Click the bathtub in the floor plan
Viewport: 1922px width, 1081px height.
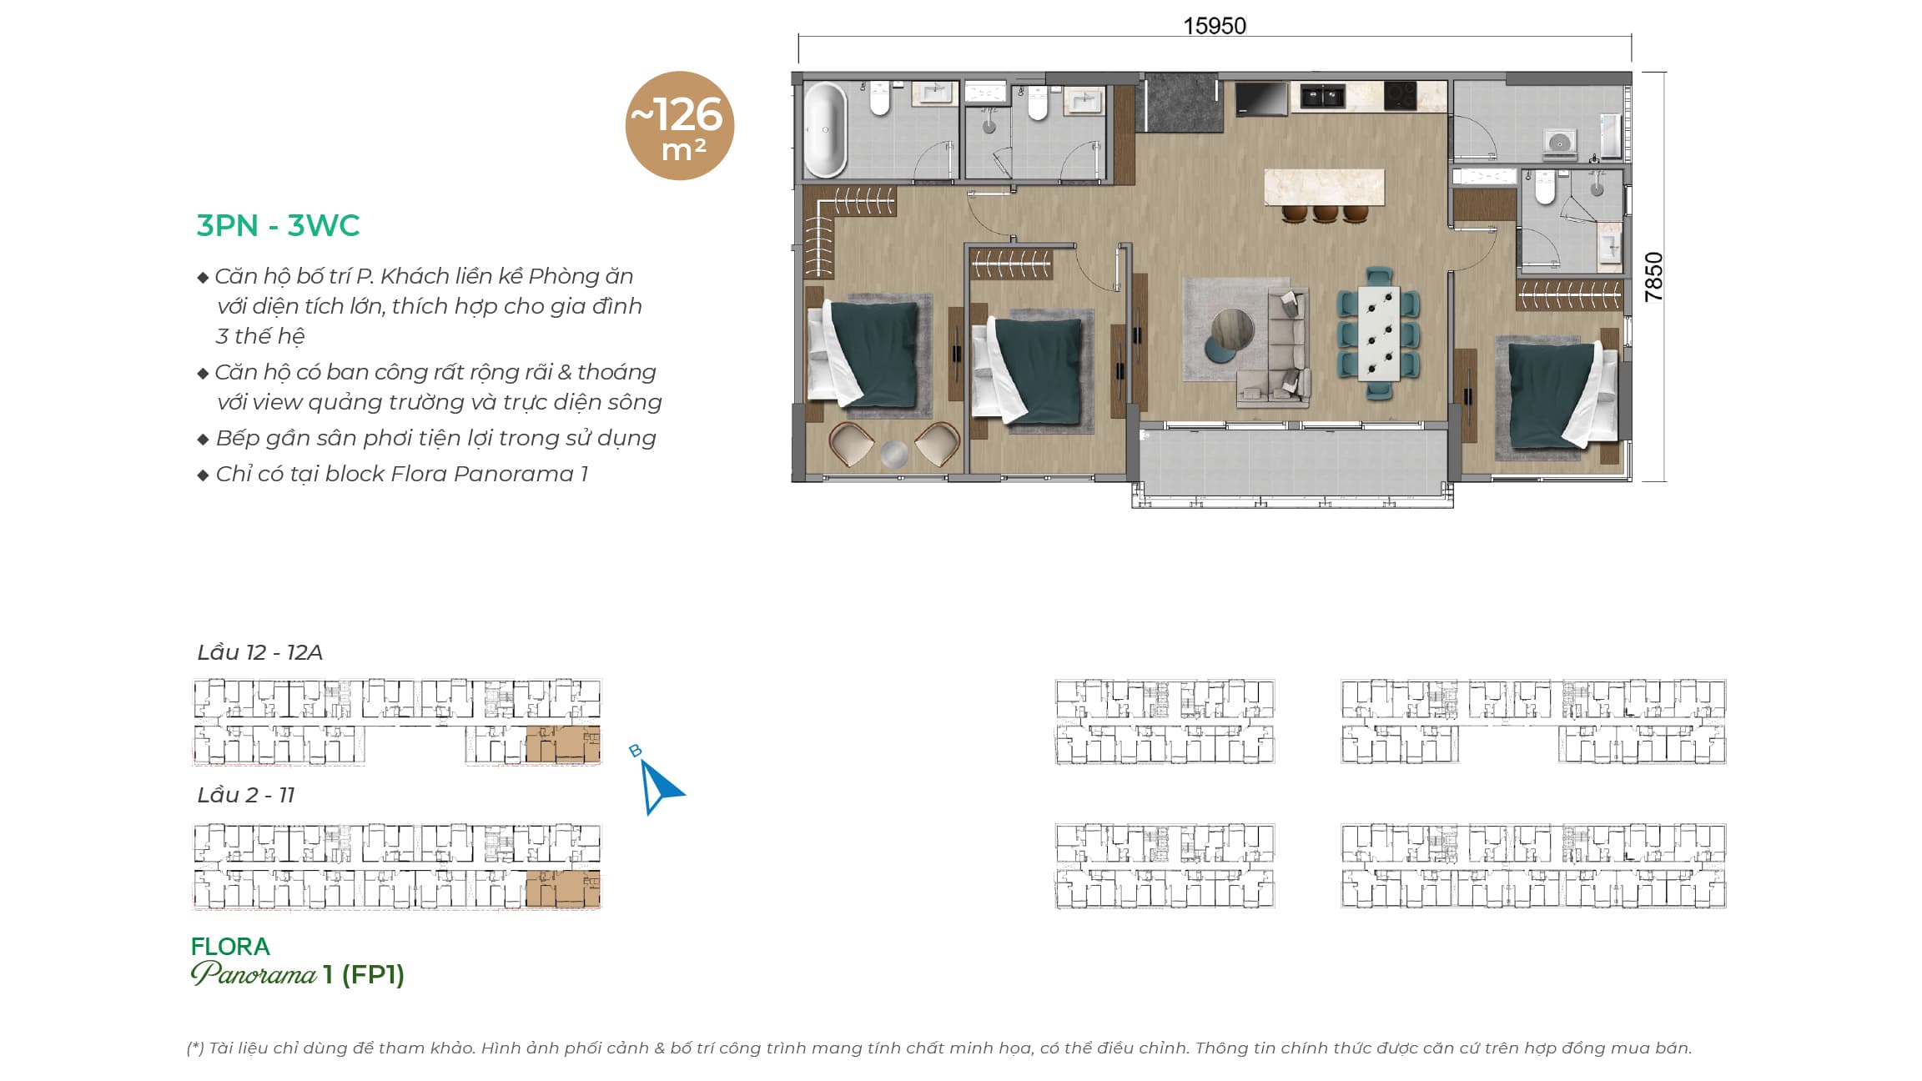pos(825,129)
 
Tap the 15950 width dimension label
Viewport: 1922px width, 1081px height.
pos(1215,26)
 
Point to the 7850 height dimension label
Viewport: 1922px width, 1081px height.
pos(1653,276)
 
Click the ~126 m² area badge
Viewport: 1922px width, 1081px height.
pos(680,125)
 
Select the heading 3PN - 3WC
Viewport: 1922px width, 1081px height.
pos(278,225)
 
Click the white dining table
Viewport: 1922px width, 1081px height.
pos(1378,333)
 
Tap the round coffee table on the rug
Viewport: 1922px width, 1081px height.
pos(1232,330)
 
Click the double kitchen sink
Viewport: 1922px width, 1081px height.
pos(1318,96)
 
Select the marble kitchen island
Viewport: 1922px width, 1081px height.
pos(1325,187)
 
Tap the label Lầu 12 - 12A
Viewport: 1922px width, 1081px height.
pos(259,652)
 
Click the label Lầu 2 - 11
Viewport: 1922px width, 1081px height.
pos(245,795)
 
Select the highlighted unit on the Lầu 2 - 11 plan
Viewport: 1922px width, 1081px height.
pos(562,888)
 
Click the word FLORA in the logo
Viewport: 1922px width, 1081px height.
pos(230,947)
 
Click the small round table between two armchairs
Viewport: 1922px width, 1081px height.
pos(893,454)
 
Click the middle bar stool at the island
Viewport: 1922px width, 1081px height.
pos(1325,214)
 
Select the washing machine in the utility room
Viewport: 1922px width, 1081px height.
pos(1559,143)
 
